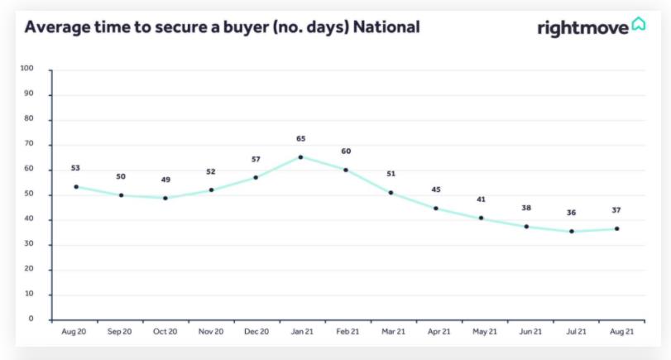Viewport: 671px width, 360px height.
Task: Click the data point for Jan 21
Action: [x=300, y=157]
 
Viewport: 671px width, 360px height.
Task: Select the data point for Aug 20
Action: [x=76, y=187]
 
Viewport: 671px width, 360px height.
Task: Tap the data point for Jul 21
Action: [x=571, y=232]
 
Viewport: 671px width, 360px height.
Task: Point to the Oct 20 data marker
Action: [x=165, y=199]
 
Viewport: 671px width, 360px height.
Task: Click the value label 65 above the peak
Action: [x=300, y=139]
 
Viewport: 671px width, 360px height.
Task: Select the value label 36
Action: [x=571, y=213]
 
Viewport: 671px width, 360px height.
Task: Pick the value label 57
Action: [x=256, y=158]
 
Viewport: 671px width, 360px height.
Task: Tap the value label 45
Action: [x=436, y=190]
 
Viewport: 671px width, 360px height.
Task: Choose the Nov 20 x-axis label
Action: [x=211, y=331]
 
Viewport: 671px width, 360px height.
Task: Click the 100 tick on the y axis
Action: [x=26, y=70]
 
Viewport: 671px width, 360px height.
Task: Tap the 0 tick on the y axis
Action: [x=31, y=319]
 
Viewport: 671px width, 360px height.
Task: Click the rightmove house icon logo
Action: [x=639, y=24]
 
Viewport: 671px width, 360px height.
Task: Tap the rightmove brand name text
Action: [x=582, y=28]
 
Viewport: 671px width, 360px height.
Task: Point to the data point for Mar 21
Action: [x=391, y=193]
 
